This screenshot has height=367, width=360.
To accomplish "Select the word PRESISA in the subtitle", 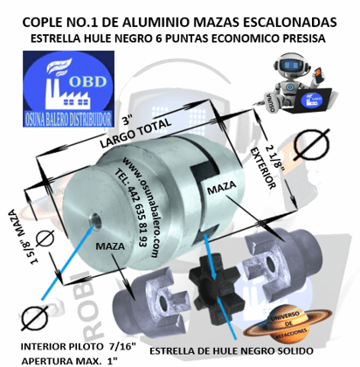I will pyautogui.click(x=296, y=39).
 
